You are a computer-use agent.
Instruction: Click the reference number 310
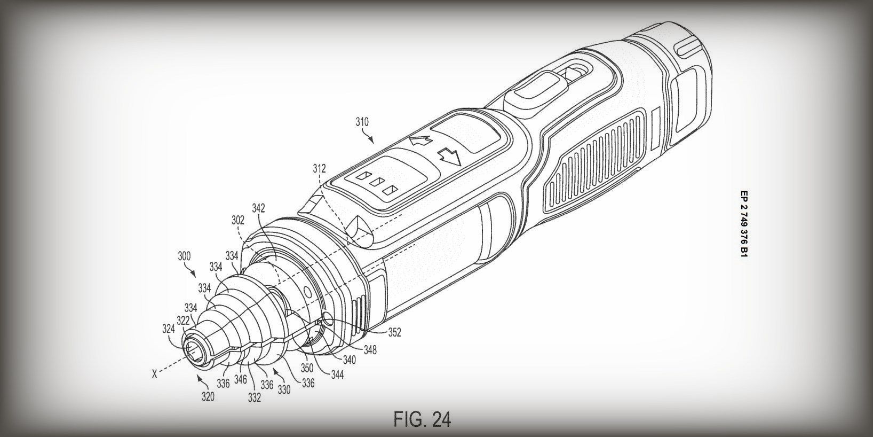point(362,122)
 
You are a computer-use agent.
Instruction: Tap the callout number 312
point(319,169)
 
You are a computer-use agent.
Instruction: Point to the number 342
point(259,207)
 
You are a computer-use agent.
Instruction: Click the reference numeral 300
point(184,256)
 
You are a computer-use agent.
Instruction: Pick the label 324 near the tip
point(169,329)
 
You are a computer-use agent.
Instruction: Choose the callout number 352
point(394,332)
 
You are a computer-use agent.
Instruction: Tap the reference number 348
point(369,350)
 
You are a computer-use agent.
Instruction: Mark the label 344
point(336,375)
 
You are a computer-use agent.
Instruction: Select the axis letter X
point(154,374)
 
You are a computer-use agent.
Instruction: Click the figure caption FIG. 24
point(422,419)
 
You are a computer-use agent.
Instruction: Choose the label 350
point(306,368)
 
